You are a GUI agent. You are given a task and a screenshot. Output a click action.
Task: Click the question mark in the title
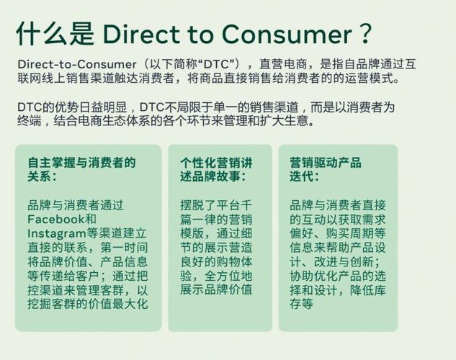pos(365,34)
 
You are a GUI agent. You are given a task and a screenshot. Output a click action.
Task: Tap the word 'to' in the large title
pos(201,35)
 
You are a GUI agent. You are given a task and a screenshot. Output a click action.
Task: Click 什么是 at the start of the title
pos(55,34)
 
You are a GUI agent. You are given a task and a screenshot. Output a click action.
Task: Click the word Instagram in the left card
pos(56,233)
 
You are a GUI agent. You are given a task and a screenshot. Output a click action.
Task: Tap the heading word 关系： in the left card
pos(42,176)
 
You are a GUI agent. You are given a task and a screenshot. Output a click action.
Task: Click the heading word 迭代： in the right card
pos(304,176)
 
